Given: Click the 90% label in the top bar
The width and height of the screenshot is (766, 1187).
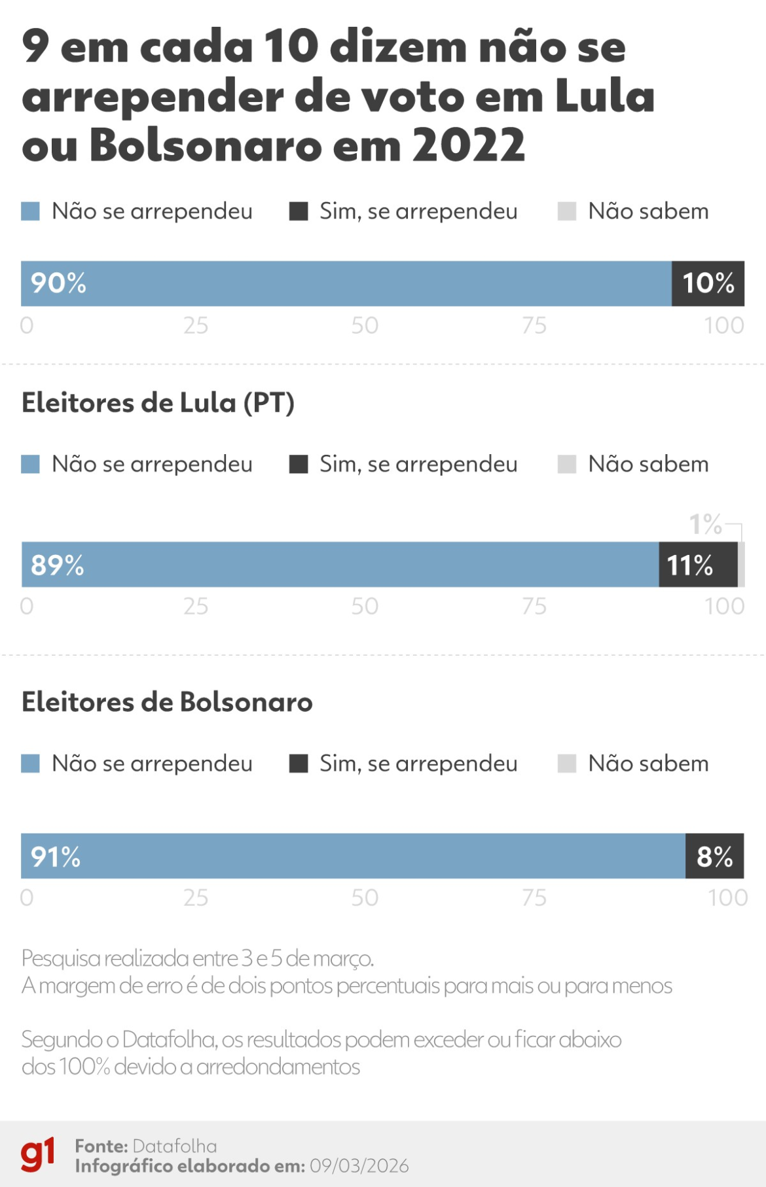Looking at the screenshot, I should [58, 283].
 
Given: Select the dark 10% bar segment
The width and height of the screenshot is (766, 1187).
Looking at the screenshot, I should [708, 283].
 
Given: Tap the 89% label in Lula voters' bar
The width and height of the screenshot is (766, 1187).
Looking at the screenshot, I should [58, 565].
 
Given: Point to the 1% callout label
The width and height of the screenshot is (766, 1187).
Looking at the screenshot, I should [704, 524].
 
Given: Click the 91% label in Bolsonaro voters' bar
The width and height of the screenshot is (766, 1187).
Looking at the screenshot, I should [56, 857].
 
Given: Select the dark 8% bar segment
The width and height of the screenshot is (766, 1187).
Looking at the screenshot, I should [714, 857].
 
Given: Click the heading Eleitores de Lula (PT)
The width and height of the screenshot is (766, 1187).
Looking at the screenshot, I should [158, 403].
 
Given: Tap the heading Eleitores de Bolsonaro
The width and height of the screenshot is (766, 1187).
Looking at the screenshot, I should [167, 702].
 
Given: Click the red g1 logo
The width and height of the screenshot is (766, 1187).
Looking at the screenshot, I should [37, 1155].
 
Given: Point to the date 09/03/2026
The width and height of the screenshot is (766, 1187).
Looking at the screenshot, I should [359, 1166].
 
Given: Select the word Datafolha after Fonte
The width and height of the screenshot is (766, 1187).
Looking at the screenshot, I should [174, 1146].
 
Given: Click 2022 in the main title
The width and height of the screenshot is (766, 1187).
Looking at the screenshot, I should [468, 145].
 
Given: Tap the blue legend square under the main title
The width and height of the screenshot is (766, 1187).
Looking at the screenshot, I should [31, 211].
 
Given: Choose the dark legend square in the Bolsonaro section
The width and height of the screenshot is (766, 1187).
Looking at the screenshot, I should [299, 764].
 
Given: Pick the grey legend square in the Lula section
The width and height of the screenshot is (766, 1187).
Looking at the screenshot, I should [566, 465].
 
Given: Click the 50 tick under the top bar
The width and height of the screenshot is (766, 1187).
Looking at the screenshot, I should [365, 326].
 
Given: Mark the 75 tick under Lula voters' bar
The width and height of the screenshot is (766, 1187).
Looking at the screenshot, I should [534, 607].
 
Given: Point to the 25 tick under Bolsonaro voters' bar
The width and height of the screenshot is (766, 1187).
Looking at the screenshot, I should [195, 898].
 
